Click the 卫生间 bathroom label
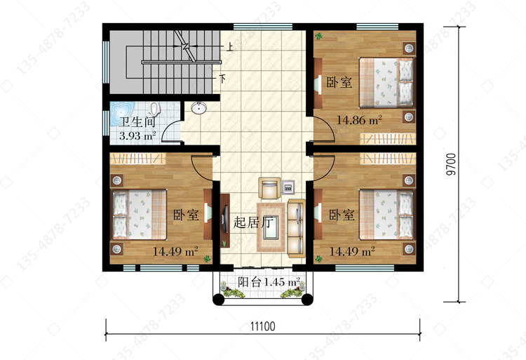click(137, 122)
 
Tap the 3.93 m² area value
click(137, 136)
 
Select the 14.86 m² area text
click(359, 120)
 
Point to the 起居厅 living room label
click(254, 222)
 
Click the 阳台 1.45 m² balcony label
click(269, 282)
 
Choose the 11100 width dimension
click(263, 326)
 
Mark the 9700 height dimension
click(452, 164)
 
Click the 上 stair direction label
click(230, 46)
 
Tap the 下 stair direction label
click(222, 79)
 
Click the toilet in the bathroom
click(154, 108)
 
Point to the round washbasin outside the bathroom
click(199, 108)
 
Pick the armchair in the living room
click(269, 188)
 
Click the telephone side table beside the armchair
click(288, 187)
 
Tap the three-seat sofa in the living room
click(297, 229)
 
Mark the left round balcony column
click(218, 299)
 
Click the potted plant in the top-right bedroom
click(318, 35)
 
